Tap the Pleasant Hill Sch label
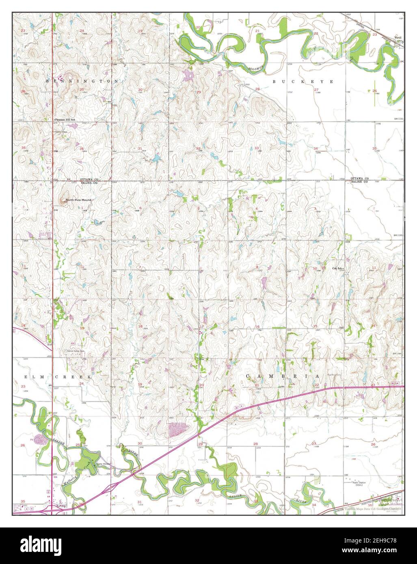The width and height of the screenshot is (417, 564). (65, 120)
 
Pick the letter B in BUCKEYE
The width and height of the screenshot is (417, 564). (274, 82)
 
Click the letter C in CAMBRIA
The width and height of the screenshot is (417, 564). (248, 377)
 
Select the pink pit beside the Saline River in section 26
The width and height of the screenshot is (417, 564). (40, 439)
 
